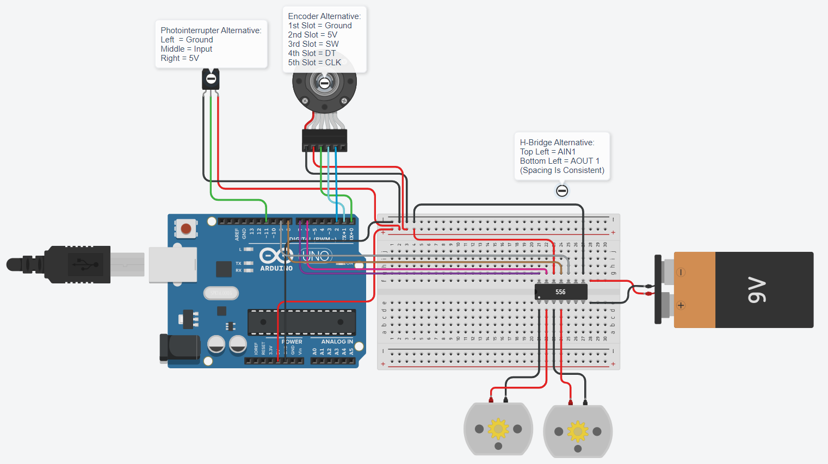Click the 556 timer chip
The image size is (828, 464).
click(561, 292)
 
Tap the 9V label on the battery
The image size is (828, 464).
click(757, 290)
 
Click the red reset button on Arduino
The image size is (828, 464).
click(186, 228)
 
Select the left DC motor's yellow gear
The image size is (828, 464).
click(498, 429)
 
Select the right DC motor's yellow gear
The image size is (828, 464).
click(578, 431)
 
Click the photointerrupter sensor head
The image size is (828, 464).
click(211, 79)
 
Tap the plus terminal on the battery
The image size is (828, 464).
click(681, 305)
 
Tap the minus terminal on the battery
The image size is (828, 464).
click(681, 272)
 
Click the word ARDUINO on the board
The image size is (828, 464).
click(276, 268)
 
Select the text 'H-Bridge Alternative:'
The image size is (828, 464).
click(557, 143)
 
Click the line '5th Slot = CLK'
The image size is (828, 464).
click(314, 63)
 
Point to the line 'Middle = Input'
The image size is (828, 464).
click(187, 49)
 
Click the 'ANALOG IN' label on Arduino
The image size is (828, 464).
click(337, 342)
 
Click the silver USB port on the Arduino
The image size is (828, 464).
click(172, 265)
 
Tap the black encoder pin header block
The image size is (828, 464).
click(324, 140)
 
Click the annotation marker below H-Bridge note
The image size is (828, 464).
click(562, 191)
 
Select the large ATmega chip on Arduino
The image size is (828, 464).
click(301, 322)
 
